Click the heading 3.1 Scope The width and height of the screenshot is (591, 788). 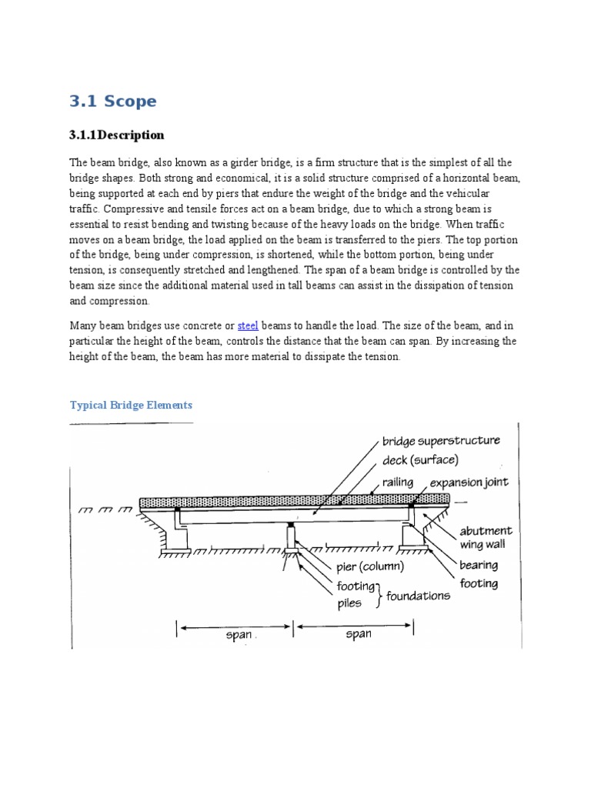point(112,102)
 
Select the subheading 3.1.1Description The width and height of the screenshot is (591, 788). point(117,135)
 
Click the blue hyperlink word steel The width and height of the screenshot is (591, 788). point(248,326)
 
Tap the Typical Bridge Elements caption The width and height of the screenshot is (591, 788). point(131,405)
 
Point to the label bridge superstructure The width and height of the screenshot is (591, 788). point(441,441)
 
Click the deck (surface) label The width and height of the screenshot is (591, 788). point(420,460)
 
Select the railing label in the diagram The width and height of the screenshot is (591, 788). point(397,482)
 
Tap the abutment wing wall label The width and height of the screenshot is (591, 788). point(486,538)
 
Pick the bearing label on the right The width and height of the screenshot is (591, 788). point(479,565)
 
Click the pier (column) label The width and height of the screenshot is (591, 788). point(369,567)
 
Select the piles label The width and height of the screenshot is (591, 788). point(349,603)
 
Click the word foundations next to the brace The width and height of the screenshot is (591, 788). point(418,596)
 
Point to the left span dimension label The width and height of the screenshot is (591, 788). point(239,636)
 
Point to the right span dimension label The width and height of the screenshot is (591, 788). point(359,635)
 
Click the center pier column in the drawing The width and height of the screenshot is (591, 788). point(292,534)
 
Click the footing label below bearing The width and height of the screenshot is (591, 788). point(479,584)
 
